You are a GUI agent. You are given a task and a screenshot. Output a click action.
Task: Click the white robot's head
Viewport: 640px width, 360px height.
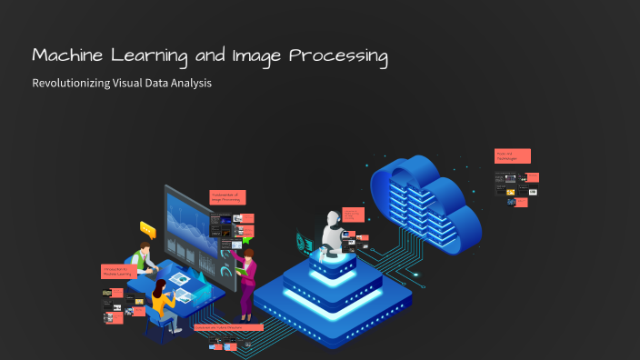pyautogui.click(x=332, y=220)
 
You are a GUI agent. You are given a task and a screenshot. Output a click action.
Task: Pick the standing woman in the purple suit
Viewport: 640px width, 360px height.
pyautogui.click(x=247, y=277)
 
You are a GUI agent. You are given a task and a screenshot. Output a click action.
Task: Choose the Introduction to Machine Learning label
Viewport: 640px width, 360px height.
pyautogui.click(x=118, y=271)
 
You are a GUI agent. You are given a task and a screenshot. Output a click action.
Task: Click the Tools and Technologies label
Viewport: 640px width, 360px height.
pyautogui.click(x=512, y=156)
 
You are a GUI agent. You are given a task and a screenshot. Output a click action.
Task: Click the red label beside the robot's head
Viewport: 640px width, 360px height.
pyautogui.click(x=353, y=215)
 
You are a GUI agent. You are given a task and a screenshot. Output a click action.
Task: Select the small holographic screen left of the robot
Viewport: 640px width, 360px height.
pyautogui.click(x=303, y=238)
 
